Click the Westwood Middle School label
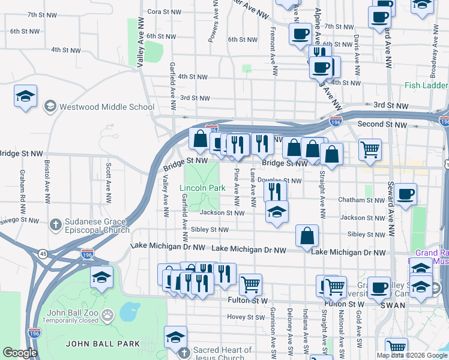coord(107,107)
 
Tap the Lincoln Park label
coord(202,188)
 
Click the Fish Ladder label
coord(426,86)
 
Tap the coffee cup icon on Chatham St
coord(406,195)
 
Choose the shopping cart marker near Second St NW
coord(370,149)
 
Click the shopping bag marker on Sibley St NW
coord(307,236)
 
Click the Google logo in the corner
coord(20,353)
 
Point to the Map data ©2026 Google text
coord(411,355)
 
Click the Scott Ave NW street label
coord(109,179)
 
